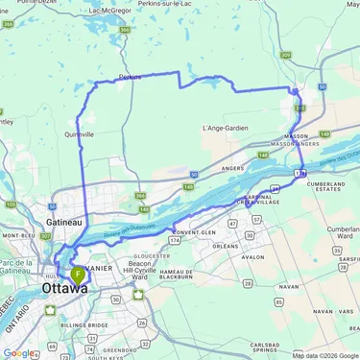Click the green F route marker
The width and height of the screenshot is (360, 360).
click(x=78, y=275)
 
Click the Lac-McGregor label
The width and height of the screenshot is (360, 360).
click(x=109, y=9)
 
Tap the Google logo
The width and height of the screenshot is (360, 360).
click(x=17, y=353)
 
